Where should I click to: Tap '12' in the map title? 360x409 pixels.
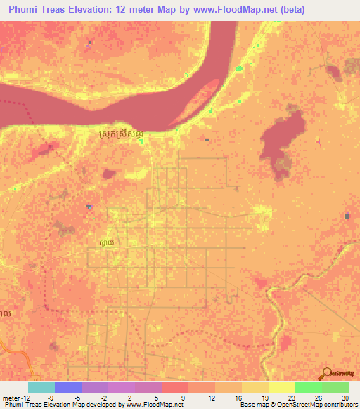[142, 11]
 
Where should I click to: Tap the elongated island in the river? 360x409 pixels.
[202, 98]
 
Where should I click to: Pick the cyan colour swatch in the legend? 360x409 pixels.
[41, 387]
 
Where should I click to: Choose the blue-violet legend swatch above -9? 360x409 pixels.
[68, 387]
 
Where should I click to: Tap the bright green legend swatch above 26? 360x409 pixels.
[309, 387]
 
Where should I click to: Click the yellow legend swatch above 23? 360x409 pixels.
[282, 387]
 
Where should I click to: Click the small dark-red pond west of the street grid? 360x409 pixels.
[109, 174]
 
